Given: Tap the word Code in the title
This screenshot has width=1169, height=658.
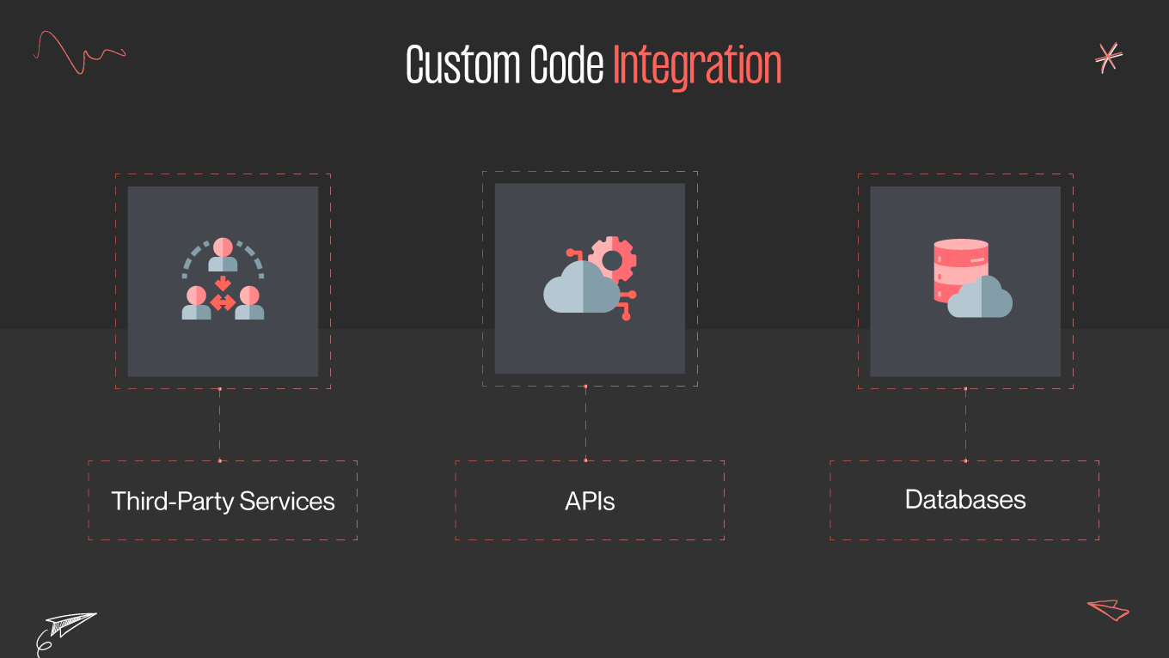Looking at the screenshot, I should [566, 65].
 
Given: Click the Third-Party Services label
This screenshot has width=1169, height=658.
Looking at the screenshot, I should [223, 501].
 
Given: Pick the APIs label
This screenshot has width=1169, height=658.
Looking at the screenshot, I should [590, 501].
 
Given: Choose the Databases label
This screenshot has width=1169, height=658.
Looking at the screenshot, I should [965, 499].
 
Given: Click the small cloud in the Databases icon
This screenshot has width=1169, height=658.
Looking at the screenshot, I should [981, 299].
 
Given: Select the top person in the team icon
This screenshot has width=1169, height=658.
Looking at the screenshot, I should [223, 254].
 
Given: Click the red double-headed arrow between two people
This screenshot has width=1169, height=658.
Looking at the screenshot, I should [223, 302].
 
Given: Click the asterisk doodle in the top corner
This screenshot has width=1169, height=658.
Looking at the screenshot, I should [1109, 58].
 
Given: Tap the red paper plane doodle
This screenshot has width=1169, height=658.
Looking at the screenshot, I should [1109, 609].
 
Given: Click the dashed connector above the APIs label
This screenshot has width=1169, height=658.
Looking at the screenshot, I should [585, 423].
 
